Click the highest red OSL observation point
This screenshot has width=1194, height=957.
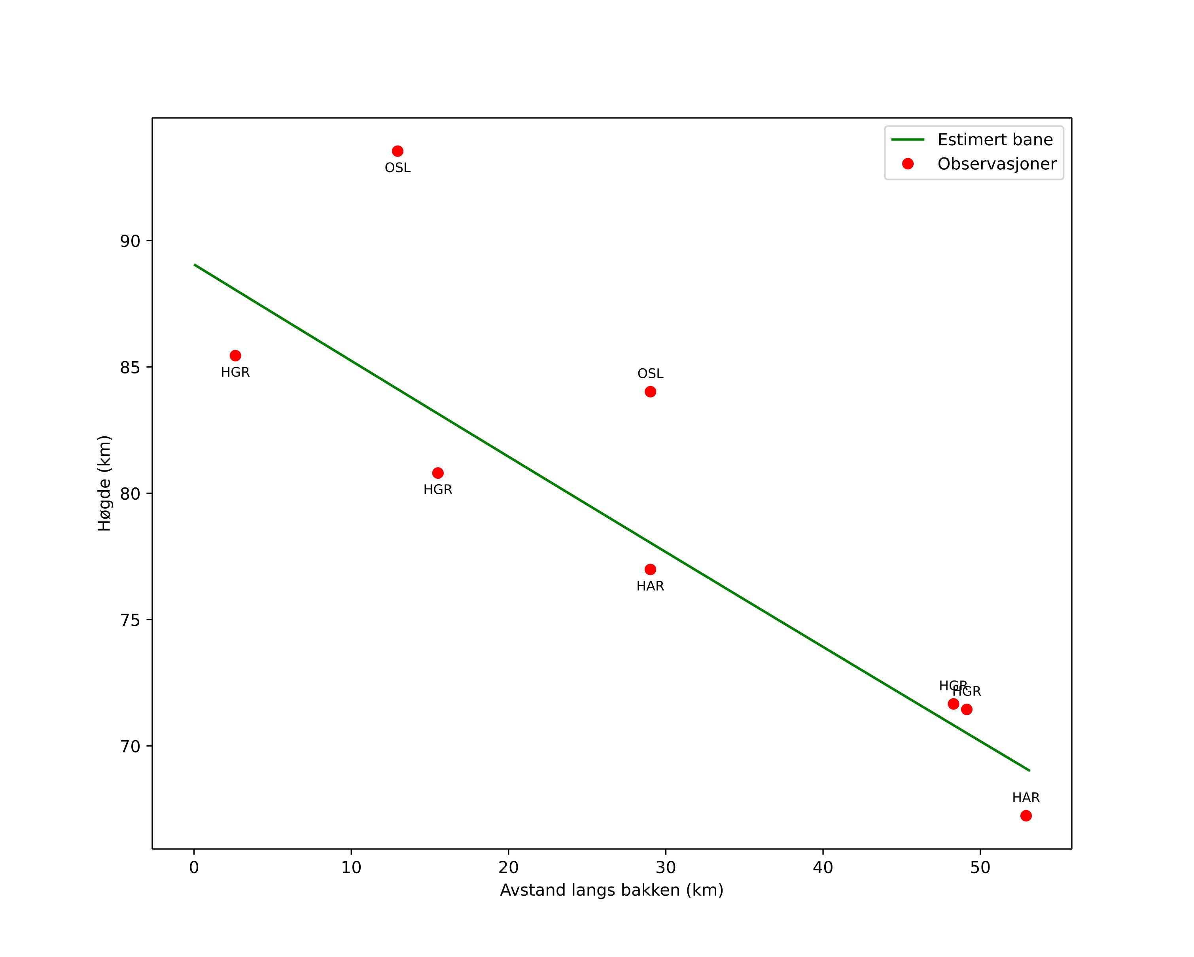[397, 151]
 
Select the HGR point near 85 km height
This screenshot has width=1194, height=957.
[235, 356]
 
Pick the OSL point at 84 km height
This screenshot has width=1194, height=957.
[651, 392]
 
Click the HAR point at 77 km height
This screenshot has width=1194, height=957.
[651, 569]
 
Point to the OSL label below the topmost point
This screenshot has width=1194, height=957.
[397, 168]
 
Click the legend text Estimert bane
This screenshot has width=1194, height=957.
[995, 140]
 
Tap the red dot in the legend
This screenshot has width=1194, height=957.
[908, 164]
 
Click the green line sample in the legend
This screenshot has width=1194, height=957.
[908, 140]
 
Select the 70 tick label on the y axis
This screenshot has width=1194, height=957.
[130, 747]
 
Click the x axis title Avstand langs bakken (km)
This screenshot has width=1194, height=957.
[612, 891]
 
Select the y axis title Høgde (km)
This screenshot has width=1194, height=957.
[105, 483]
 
